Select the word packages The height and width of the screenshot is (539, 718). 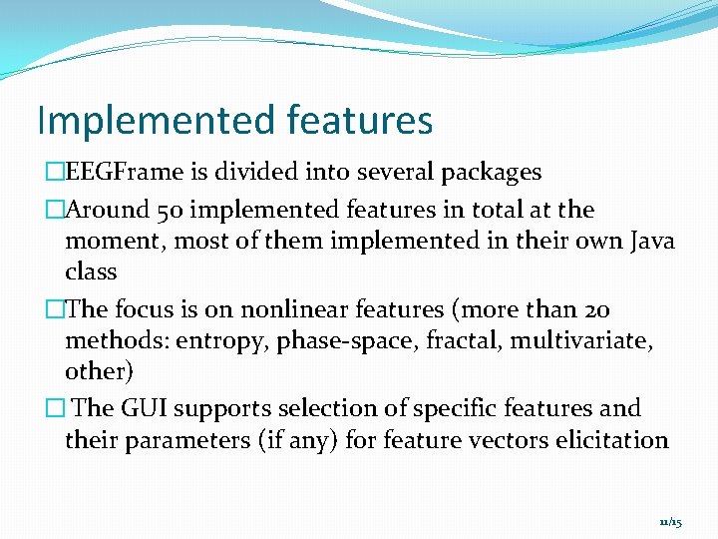(x=490, y=172)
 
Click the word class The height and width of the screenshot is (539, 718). (x=91, y=271)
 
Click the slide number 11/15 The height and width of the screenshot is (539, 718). (x=670, y=522)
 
